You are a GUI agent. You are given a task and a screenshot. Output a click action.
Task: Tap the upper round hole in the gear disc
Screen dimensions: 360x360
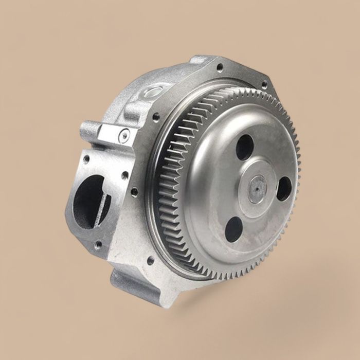(x=245, y=147)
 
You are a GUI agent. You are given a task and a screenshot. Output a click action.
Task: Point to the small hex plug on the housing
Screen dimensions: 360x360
(x=124, y=136)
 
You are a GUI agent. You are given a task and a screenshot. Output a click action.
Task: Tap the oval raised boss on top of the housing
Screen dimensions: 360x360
(x=153, y=93)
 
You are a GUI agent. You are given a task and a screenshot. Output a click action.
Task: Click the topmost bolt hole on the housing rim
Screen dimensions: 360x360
(x=220, y=67)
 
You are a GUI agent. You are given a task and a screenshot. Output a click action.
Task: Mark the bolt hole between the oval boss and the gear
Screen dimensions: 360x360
(x=156, y=117)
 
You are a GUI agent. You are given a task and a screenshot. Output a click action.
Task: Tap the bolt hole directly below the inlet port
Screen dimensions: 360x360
(x=98, y=246)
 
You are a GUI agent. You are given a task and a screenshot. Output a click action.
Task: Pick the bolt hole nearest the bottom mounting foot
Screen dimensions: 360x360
(x=150, y=261)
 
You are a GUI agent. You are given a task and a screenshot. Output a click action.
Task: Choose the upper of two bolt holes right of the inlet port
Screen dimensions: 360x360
(x=125, y=175)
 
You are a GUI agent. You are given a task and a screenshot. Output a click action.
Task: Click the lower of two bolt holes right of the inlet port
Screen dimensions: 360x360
(x=134, y=193)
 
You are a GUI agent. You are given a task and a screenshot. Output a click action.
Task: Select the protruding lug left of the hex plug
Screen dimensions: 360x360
(x=89, y=130)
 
